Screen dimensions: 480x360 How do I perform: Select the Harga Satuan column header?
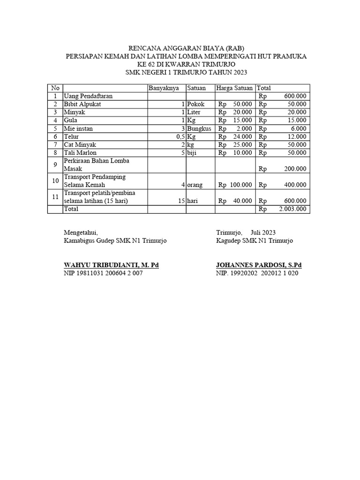click(234, 88)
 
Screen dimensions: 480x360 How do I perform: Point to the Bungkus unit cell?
click(199, 128)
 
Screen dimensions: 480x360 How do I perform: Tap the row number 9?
click(55, 165)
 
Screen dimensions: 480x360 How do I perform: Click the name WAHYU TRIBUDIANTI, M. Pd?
click(111, 265)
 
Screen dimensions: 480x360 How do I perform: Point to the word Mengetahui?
click(81, 232)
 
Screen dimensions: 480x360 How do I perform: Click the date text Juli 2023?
click(263, 232)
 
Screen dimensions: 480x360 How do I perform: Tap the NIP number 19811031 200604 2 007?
click(103, 273)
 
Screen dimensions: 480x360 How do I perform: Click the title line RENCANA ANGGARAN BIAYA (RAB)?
click(187, 48)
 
